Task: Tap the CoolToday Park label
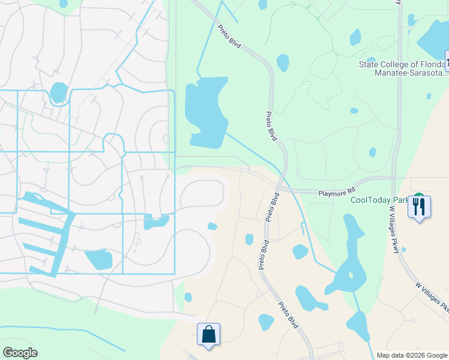point(381,200)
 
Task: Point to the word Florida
point(434,64)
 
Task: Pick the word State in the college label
point(370,64)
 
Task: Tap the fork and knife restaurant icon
point(419,206)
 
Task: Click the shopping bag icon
point(208,334)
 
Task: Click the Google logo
point(20,353)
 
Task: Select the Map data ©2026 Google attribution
point(411,355)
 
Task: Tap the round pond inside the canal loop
point(58,92)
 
